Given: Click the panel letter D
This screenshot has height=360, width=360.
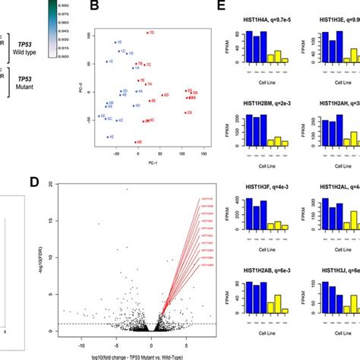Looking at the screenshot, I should coord(95,183).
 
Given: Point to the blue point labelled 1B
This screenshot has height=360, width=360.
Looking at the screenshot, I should coord(115,43).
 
